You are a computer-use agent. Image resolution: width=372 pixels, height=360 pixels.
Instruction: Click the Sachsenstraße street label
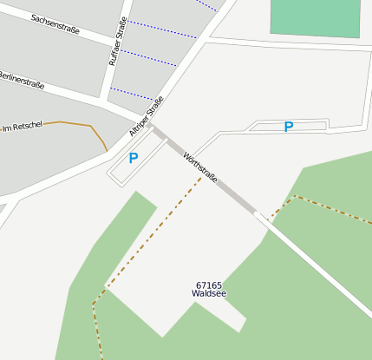coord(55,24)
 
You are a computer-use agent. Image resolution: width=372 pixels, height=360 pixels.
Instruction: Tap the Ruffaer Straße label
coord(117,42)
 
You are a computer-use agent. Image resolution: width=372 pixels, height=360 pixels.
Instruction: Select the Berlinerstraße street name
coord(21,82)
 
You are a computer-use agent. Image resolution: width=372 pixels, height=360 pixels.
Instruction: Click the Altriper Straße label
coord(146,116)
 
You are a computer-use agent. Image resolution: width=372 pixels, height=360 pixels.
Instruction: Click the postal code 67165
coord(209,285)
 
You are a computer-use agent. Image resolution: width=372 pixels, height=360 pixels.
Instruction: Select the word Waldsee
coord(209,294)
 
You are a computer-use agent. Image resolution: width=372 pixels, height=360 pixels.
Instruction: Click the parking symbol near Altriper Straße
coord(134,159)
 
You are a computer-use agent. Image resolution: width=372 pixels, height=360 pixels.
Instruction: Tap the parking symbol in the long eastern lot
coord(289,127)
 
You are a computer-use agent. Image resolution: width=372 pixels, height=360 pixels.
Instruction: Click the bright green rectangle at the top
coord(316,17)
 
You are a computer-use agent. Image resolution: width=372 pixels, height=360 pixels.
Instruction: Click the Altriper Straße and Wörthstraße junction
coord(151,125)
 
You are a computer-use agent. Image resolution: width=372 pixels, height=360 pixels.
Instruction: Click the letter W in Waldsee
coord(195,294)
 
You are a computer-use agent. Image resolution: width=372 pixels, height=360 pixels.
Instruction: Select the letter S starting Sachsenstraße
coord(33,16)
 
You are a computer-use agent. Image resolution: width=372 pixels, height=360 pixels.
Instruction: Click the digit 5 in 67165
coord(219,285)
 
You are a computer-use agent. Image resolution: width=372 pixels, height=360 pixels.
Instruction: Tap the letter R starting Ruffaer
coord(112,63)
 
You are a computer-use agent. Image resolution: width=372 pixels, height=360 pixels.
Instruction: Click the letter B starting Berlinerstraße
coord(1,75)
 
